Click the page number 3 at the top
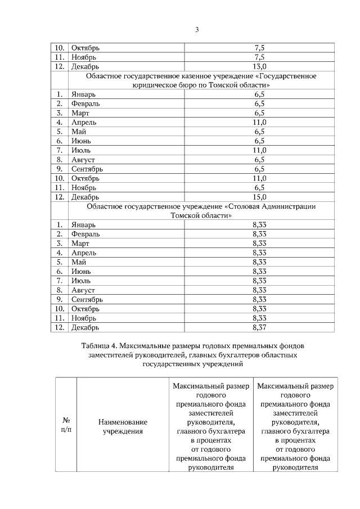click(x=197, y=30)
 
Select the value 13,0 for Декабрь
click(x=259, y=67)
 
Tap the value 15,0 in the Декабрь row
click(x=259, y=197)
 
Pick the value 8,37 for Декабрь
click(x=259, y=327)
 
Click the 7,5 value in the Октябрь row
click(x=259, y=48)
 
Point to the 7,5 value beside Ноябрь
click(x=259, y=57)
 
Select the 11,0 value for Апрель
click(x=259, y=123)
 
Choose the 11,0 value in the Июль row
click(x=259, y=150)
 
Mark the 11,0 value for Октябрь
click(x=259, y=178)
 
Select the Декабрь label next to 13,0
click(x=85, y=67)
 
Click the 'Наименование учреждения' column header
click(x=122, y=426)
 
